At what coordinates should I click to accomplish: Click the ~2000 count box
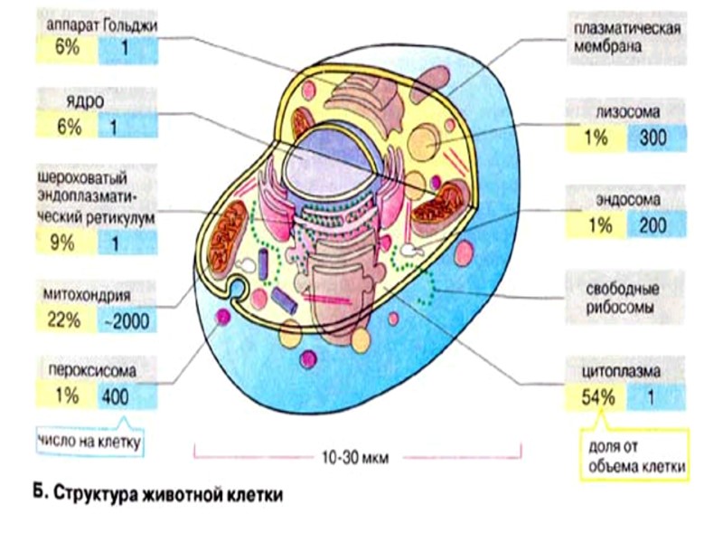click(127, 319)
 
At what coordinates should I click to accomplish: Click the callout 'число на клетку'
click(91, 442)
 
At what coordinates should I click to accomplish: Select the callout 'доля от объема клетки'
click(632, 459)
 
